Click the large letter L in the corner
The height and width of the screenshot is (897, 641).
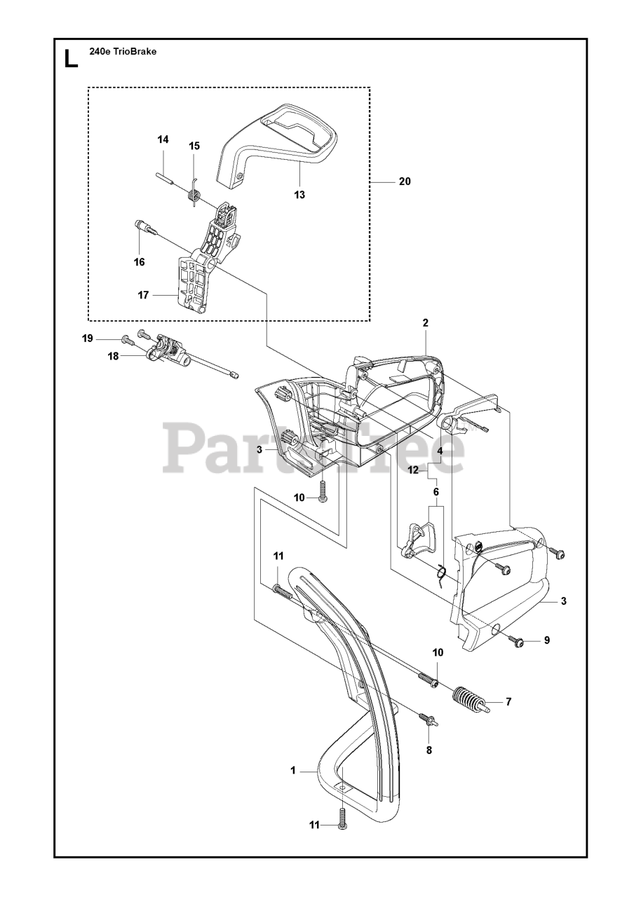tap(71, 58)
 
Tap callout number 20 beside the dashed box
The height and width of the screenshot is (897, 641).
tap(404, 182)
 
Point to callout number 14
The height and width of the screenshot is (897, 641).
tap(163, 140)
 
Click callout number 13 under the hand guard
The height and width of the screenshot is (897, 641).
tap(299, 195)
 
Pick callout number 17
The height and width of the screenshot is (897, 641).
tap(144, 295)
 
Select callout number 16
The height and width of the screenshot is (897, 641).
tap(140, 262)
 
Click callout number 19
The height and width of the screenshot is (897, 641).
tap(88, 338)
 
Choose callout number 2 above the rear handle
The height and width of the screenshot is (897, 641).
tap(425, 323)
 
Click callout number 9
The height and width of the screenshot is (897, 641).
tap(547, 640)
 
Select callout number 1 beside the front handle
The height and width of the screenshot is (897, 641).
tap(292, 771)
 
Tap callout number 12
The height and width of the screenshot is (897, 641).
tap(414, 470)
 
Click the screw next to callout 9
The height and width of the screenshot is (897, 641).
tap(518, 641)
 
